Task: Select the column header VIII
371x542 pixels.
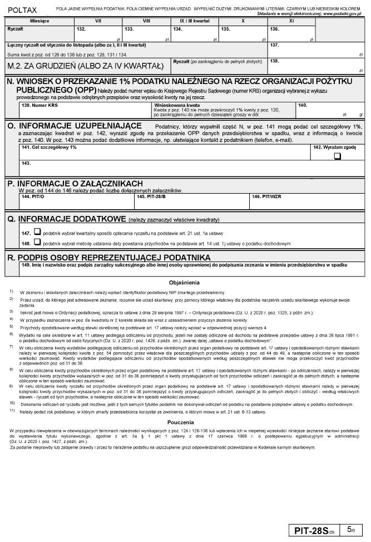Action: tap(147, 21)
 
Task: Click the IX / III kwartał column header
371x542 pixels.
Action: tap(195, 21)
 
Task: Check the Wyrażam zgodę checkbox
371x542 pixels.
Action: tap(337, 156)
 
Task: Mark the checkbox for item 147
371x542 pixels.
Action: tap(37, 231)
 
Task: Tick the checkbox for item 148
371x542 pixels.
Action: tap(37, 242)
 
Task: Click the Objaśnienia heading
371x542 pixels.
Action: tap(184, 283)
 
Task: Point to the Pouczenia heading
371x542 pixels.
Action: tap(184, 422)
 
